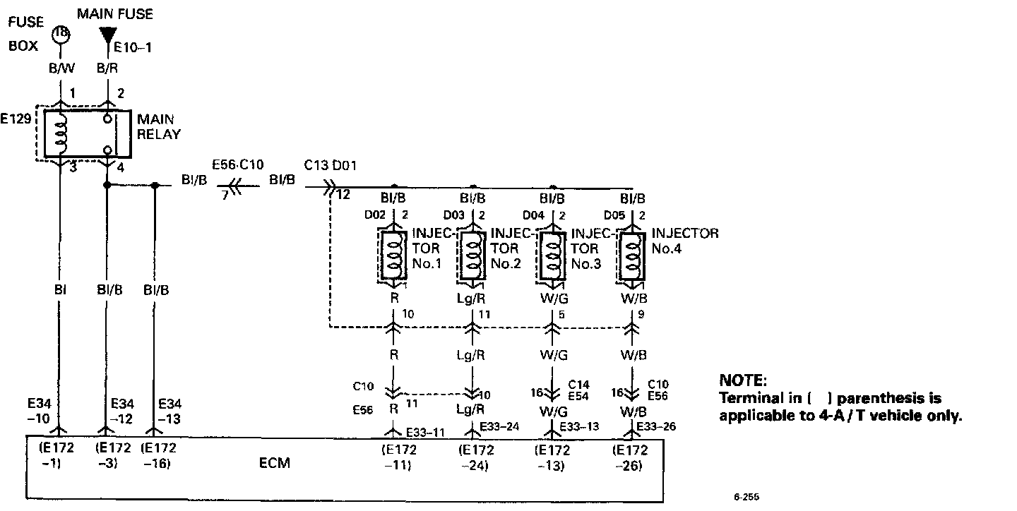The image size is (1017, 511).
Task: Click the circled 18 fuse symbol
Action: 61,33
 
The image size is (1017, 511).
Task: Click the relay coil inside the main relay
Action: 61,133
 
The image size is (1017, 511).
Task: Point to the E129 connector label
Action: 16,119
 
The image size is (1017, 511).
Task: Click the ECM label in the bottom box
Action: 274,464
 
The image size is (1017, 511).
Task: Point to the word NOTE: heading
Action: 742,380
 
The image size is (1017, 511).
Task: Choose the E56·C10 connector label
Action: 237,164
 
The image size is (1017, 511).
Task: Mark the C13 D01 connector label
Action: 330,165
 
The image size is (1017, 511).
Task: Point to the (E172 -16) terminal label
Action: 159,457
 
